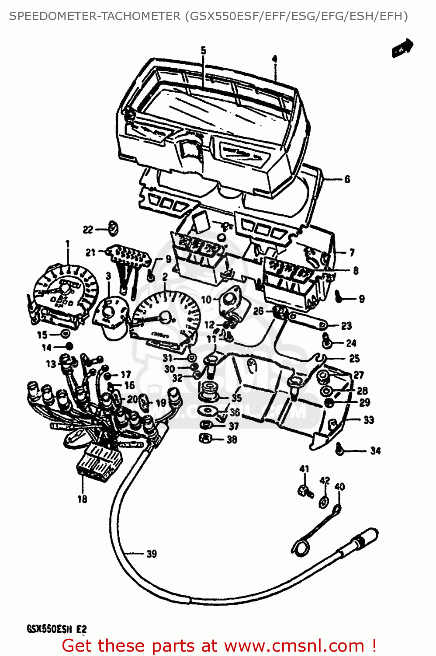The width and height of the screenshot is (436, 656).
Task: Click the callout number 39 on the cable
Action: click(151, 554)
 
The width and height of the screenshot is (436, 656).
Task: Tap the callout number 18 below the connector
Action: click(82, 499)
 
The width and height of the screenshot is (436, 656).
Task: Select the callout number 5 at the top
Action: click(204, 51)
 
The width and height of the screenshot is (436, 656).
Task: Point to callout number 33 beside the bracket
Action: click(369, 420)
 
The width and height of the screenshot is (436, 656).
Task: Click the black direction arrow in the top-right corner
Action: click(402, 48)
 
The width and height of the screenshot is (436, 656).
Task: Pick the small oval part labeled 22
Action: click(114, 228)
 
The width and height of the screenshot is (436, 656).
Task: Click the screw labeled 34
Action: click(339, 448)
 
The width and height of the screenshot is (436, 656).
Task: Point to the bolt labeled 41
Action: click(305, 491)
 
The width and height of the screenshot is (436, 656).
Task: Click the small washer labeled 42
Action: click(324, 502)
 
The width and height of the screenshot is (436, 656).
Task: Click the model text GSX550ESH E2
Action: click(57, 629)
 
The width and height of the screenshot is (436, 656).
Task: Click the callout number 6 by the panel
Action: click(347, 179)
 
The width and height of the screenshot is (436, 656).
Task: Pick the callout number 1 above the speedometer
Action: click(67, 244)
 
